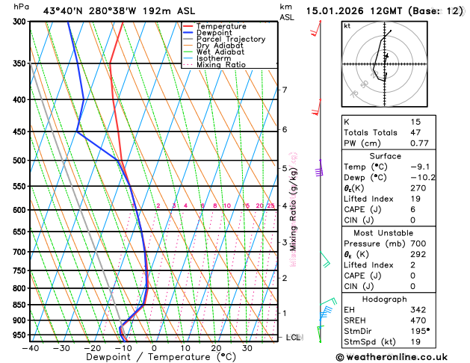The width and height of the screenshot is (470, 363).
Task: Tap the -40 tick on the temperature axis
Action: click(31, 348)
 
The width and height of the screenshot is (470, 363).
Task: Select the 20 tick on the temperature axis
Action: click(216, 348)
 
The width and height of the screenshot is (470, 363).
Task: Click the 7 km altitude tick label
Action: click(284, 90)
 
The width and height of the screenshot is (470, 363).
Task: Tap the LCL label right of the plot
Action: click(294, 338)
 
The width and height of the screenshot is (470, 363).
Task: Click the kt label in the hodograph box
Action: click(347, 26)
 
